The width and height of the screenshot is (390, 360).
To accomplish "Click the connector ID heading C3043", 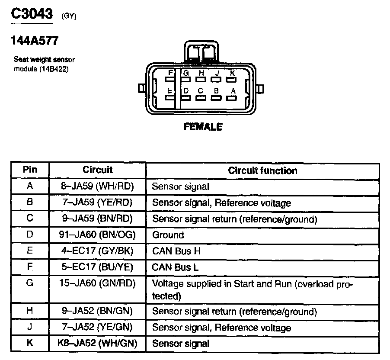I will click(32, 14).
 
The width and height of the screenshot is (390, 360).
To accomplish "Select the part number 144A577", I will click(34, 41).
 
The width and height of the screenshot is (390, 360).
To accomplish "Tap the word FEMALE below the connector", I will click(203, 127).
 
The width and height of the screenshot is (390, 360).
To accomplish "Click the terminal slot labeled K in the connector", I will click(232, 80).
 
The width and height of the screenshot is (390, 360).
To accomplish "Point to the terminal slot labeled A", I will click(232, 97).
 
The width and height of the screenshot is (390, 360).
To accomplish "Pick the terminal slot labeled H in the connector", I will click(200, 80).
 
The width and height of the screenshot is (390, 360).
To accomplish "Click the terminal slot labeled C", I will click(200, 97).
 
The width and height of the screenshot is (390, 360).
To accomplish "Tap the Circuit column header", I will click(97, 170).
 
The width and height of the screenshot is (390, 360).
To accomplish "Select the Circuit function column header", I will click(262, 170).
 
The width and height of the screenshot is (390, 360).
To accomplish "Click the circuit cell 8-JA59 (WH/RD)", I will click(97, 186).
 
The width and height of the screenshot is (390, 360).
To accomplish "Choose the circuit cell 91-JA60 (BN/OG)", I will click(97, 235).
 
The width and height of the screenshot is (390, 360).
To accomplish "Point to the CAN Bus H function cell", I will click(176, 251).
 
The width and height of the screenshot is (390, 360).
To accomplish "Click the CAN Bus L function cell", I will click(176, 267).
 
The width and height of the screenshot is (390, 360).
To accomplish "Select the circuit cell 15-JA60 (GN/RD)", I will click(97, 283).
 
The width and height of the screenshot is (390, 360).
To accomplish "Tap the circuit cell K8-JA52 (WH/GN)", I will click(97, 343).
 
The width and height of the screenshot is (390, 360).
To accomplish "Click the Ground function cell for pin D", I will click(168, 235).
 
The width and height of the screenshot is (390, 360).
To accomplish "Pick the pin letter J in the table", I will click(29, 327).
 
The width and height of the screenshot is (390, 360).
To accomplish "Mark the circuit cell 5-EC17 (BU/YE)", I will click(97, 267).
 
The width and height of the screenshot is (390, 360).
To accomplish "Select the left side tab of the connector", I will click(141, 89).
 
